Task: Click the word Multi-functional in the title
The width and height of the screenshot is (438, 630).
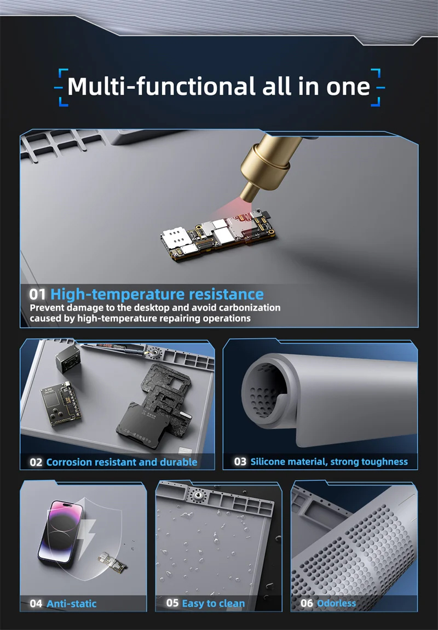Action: click(162, 87)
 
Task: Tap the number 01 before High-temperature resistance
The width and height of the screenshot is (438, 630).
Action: click(37, 294)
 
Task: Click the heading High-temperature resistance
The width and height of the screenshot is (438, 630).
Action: click(157, 295)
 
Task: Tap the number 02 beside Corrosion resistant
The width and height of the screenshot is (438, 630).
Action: click(36, 462)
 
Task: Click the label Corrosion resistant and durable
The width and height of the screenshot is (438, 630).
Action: click(122, 462)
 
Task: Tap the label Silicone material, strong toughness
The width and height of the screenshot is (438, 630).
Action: click(329, 462)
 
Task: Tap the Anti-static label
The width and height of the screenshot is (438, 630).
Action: click(72, 604)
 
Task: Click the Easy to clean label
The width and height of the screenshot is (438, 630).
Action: click(213, 603)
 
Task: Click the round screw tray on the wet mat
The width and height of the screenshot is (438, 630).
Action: click(198, 497)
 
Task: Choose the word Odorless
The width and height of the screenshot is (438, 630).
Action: click(336, 603)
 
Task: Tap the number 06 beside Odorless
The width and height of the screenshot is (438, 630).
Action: click(307, 603)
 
